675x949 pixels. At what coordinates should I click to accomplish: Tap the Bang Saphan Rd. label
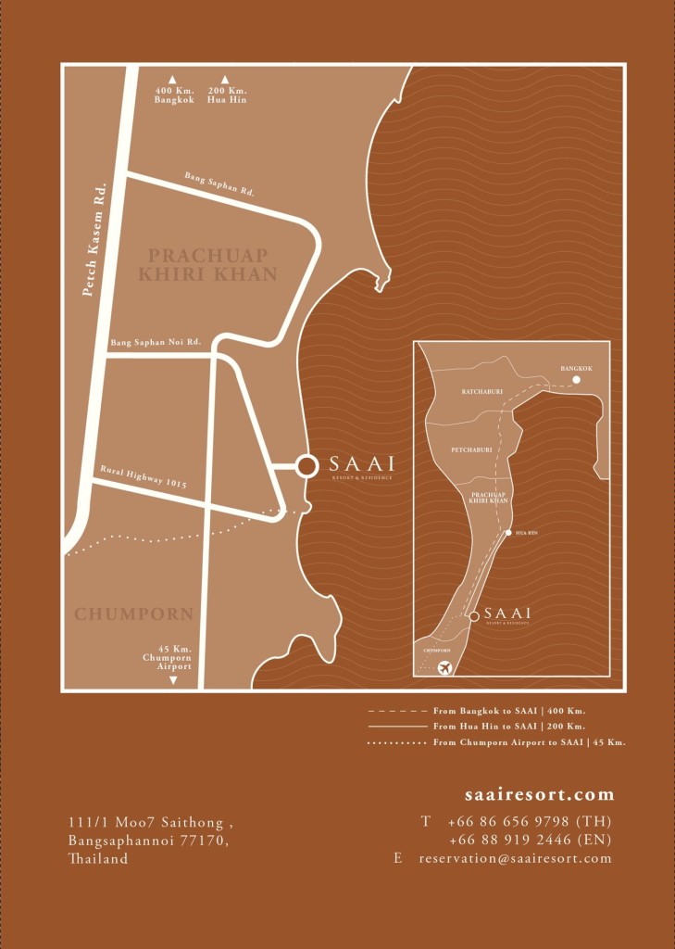pyautogui.click(x=219, y=183)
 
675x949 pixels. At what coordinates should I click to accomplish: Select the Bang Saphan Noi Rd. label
pyautogui.click(x=156, y=343)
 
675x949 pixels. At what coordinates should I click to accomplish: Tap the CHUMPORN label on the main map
pyautogui.click(x=133, y=614)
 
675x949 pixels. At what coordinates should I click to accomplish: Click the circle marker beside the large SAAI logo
pyautogui.click(x=306, y=466)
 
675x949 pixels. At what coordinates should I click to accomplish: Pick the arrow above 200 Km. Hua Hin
pyautogui.click(x=225, y=80)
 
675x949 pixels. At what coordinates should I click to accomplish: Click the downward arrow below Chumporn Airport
pyautogui.click(x=173, y=680)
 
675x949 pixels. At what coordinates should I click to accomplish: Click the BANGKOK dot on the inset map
pyautogui.click(x=576, y=380)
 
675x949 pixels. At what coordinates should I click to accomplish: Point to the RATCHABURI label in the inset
pyautogui.click(x=481, y=392)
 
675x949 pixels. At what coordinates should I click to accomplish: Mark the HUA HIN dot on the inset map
pyautogui.click(x=508, y=532)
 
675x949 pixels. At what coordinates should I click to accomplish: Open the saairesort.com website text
pyautogui.click(x=539, y=794)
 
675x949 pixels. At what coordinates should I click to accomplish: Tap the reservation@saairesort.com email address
pyautogui.click(x=515, y=858)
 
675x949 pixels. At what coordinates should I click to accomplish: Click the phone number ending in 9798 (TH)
pyautogui.click(x=529, y=821)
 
